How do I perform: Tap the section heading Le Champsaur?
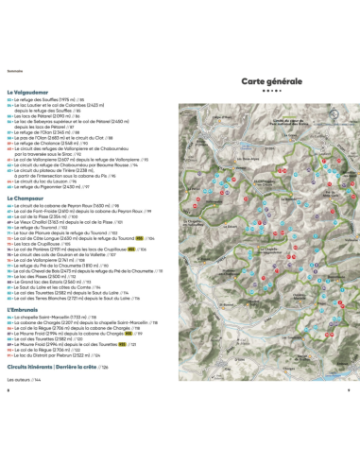coord(28,195)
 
